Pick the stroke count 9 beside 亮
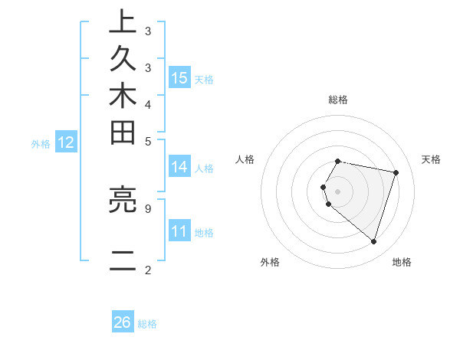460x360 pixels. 148,207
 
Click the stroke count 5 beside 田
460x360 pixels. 148,140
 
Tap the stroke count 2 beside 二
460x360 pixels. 148,270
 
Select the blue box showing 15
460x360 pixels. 179,78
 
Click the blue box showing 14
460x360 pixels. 179,167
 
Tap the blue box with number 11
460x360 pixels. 179,231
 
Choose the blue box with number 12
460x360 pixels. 66,142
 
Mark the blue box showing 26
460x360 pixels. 123,322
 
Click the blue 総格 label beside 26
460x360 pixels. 147,324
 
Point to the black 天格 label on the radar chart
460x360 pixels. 431,159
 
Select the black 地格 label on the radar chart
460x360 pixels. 402,262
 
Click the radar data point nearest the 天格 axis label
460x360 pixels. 396,172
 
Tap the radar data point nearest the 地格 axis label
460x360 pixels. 373,241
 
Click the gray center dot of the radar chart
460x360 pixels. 337,191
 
